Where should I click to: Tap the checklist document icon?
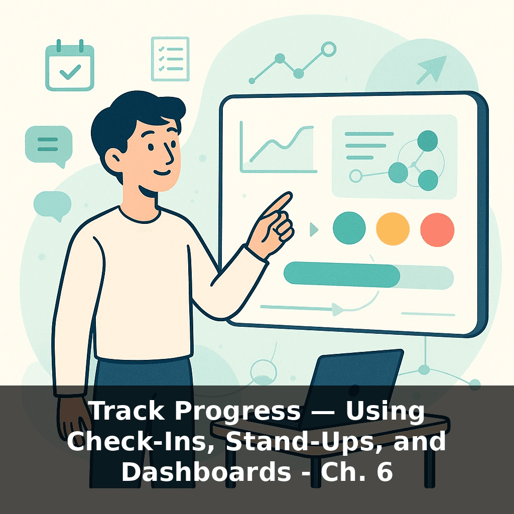pyautogui.click(x=170, y=59)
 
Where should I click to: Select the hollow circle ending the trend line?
pyautogui.click(x=328, y=49)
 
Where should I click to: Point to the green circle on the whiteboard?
pyautogui.click(x=349, y=228)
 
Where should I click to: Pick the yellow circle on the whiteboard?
pyautogui.click(x=393, y=229)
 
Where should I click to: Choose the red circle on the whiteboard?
pyautogui.click(x=437, y=229)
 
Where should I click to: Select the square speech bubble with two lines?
pyautogui.click(x=49, y=144)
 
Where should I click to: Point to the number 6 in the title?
pyautogui.click(x=384, y=472)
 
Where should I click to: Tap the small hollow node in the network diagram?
pyautogui.click(x=356, y=176)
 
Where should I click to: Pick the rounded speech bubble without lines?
pyautogui.click(x=52, y=204)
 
